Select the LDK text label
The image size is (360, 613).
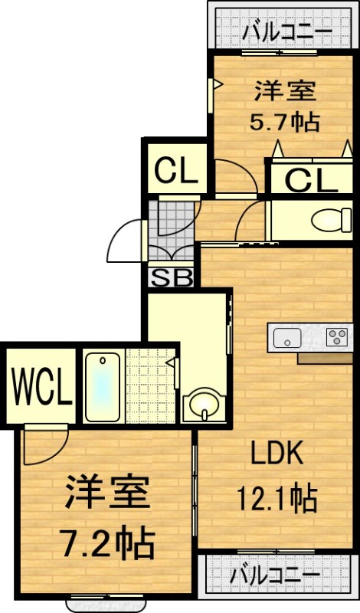277,453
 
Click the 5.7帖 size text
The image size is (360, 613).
285,122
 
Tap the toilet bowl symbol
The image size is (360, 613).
331,220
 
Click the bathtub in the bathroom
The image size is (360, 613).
103,387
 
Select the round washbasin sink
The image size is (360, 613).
204,403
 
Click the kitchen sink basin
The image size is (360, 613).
287,338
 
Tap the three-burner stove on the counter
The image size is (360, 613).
337,336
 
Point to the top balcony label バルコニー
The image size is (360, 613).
287,31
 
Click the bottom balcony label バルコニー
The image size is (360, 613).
275,575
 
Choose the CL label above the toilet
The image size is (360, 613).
312,180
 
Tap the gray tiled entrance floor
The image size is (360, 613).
172,229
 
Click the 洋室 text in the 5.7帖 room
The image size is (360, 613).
285,90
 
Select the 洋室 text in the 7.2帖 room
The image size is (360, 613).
107,492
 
